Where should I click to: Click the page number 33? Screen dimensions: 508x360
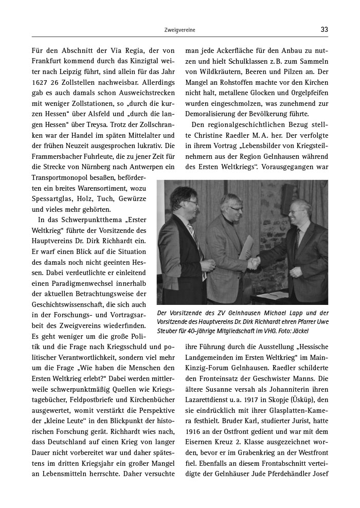pos(324,30)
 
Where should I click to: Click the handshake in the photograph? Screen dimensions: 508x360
pos(254,264)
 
